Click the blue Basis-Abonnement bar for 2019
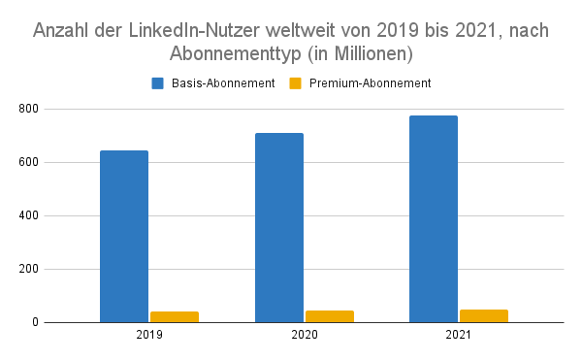[x=124, y=236]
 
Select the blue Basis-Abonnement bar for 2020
[x=279, y=227]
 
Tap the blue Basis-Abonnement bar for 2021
[x=434, y=218]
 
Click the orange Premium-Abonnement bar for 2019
[x=175, y=316]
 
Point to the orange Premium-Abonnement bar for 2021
[x=484, y=315]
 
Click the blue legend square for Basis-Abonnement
[x=158, y=83]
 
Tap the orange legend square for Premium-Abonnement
[x=296, y=83]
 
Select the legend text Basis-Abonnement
[x=223, y=83]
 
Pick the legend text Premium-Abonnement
[x=370, y=83]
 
